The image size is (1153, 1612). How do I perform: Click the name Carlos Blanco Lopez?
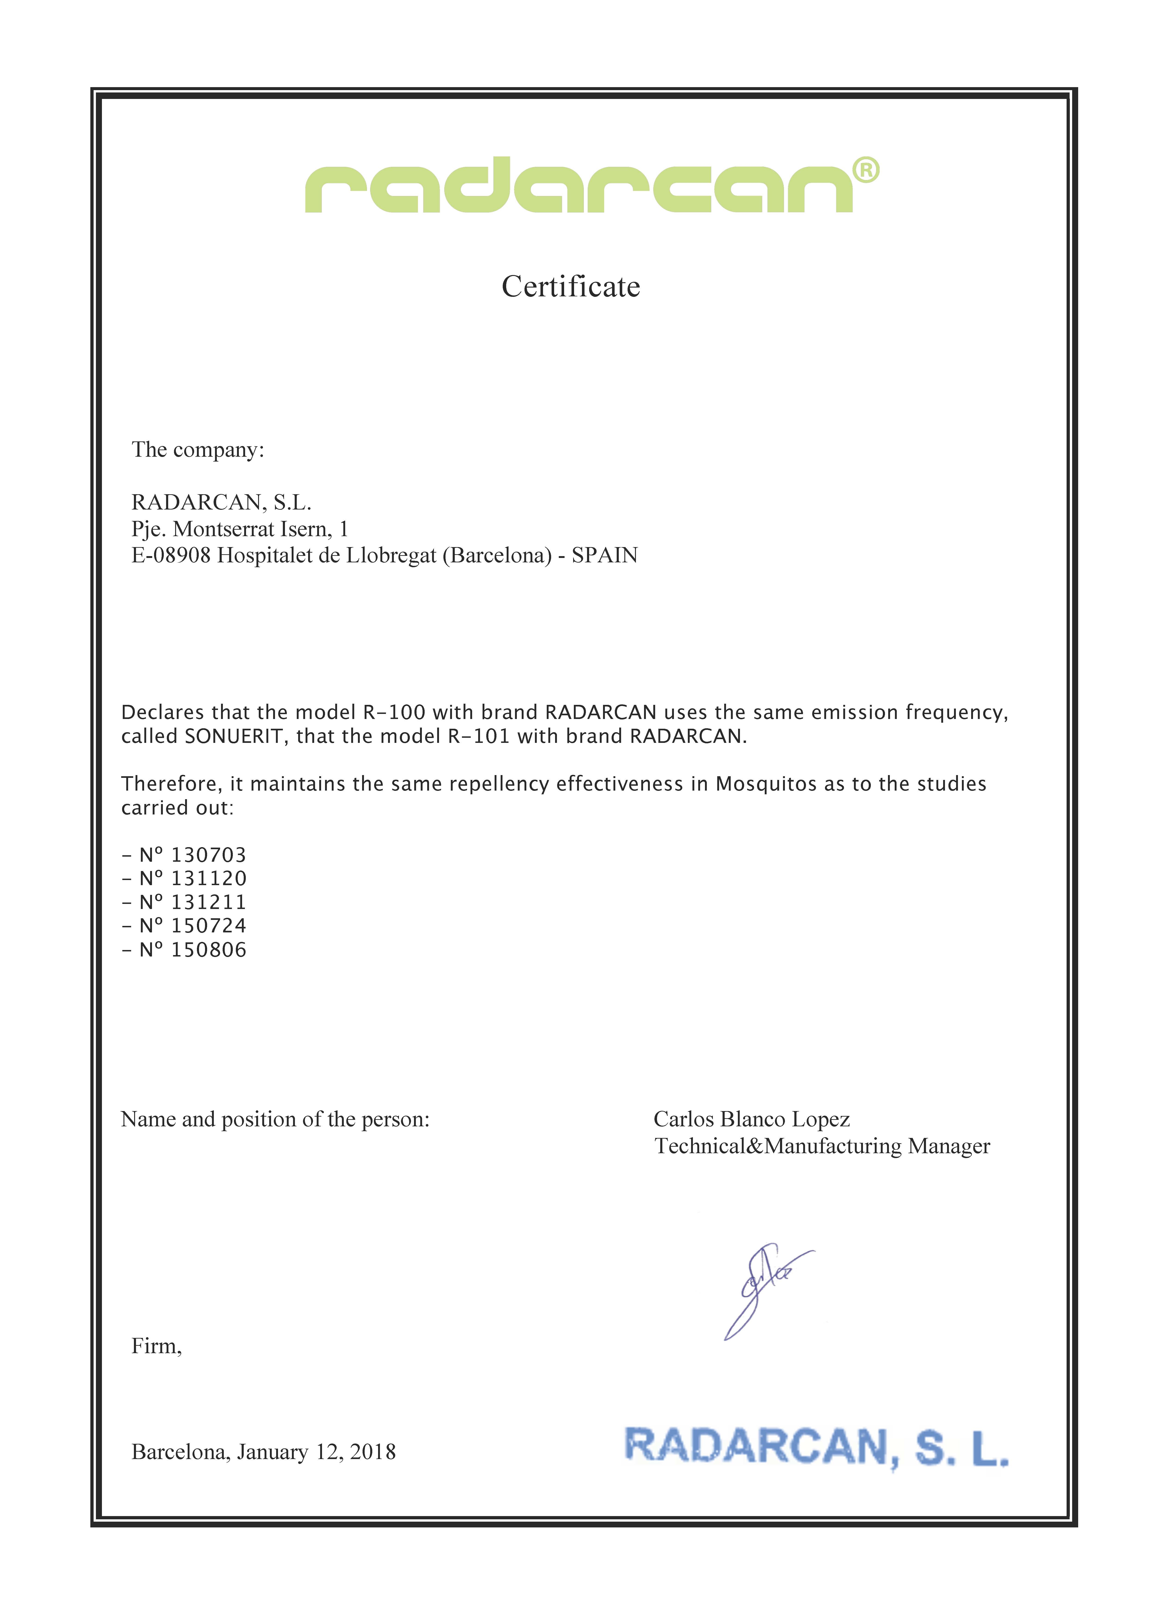(x=751, y=1119)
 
